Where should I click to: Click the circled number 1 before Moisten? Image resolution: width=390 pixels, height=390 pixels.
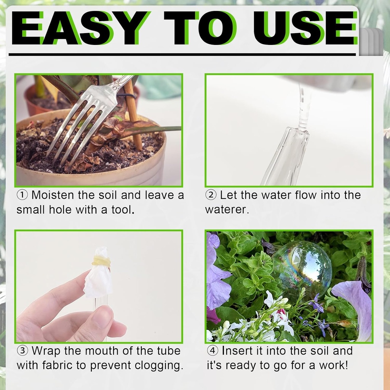(22, 195)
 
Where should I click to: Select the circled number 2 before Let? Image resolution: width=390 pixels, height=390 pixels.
(211, 195)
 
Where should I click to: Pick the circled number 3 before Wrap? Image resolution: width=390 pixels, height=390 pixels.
(22, 351)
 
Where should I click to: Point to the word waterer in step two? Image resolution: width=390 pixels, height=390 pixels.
(227, 210)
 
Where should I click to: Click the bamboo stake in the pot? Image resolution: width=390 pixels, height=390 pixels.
(133, 114)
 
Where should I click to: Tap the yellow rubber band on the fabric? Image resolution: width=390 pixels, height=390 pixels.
(101, 261)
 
